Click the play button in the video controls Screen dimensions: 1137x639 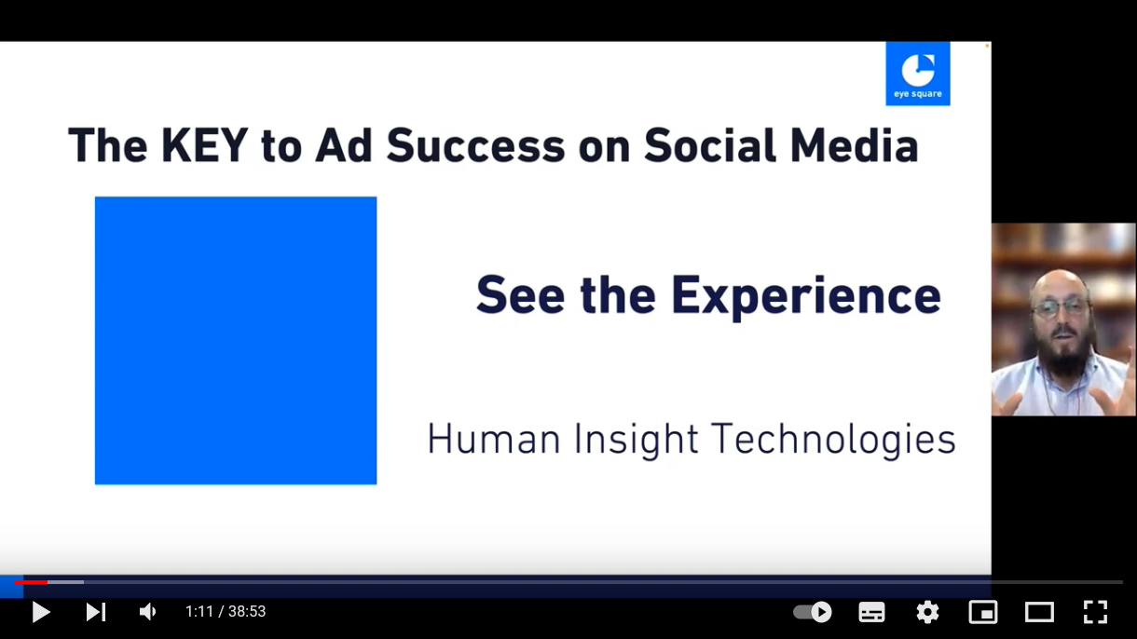point(41,612)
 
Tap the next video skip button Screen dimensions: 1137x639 point(96,612)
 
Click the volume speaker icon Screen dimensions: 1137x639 point(147,612)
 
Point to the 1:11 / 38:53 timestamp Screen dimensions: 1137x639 point(226,612)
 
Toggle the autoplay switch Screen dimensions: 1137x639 point(813,612)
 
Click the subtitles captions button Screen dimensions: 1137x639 point(871,612)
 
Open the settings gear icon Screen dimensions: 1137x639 point(927,612)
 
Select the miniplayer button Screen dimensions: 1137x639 point(983,612)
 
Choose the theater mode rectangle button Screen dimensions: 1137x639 point(1039,612)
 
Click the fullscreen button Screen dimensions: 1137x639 point(1095,612)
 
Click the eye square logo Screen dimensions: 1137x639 point(918,74)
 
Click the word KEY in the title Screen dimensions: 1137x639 point(204,145)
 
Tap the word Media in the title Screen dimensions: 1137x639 point(855,145)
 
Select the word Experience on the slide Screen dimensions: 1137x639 point(806,296)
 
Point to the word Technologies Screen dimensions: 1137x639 point(833,440)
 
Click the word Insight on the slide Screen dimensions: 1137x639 point(636,440)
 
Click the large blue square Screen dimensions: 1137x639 point(236,340)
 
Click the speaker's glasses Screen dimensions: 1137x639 point(1062,308)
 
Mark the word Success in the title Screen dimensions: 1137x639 point(475,145)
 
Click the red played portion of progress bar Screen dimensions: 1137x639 point(31,582)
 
